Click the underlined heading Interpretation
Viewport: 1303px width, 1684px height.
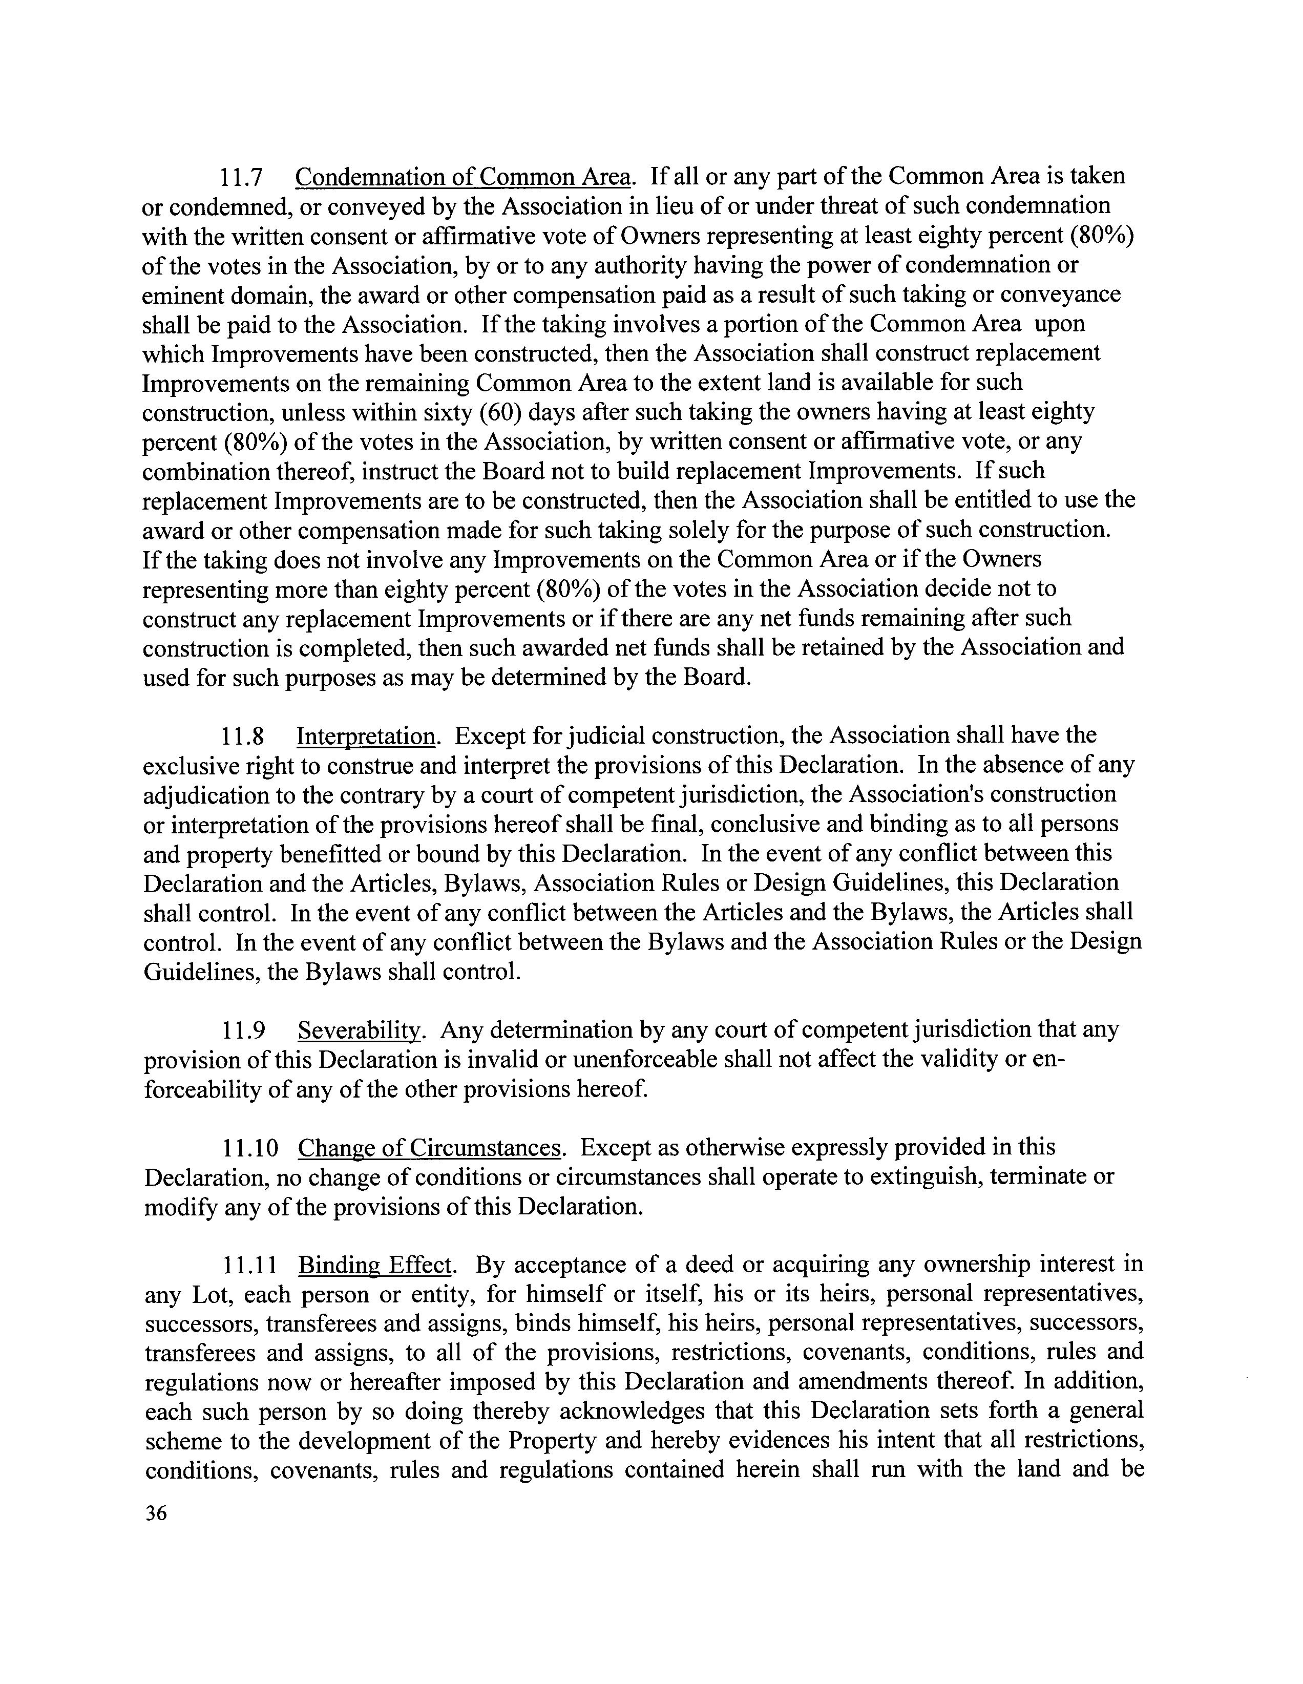pyautogui.click(x=366, y=737)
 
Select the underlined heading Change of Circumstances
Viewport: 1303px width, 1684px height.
pyautogui.click(x=429, y=1149)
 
